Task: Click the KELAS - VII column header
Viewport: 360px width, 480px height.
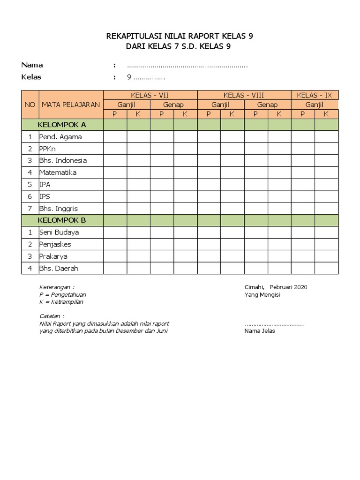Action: click(x=150, y=95)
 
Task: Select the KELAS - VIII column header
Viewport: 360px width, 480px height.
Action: click(x=244, y=95)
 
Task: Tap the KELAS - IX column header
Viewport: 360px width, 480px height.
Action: click(x=315, y=95)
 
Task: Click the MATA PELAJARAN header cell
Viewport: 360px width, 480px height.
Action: click(x=71, y=105)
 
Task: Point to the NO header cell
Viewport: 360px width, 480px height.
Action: click(x=30, y=105)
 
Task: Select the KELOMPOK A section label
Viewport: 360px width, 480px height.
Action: click(x=62, y=125)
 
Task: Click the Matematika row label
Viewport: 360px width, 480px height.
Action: click(x=58, y=172)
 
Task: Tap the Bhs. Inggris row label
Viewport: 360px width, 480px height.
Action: click(x=59, y=208)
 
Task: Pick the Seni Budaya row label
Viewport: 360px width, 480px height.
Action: click(x=59, y=232)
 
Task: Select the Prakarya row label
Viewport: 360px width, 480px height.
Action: click(x=53, y=256)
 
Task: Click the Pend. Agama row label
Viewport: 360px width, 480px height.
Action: click(x=60, y=137)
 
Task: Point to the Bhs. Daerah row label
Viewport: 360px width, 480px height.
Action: click(x=59, y=269)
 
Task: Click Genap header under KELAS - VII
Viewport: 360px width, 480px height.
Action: click(x=173, y=105)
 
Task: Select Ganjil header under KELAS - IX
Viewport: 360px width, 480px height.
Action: click(x=315, y=105)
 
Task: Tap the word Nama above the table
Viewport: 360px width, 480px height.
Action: click(x=32, y=65)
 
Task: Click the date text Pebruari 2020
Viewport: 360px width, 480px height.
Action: click(x=289, y=287)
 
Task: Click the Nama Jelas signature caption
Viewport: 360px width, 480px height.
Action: click(x=260, y=331)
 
